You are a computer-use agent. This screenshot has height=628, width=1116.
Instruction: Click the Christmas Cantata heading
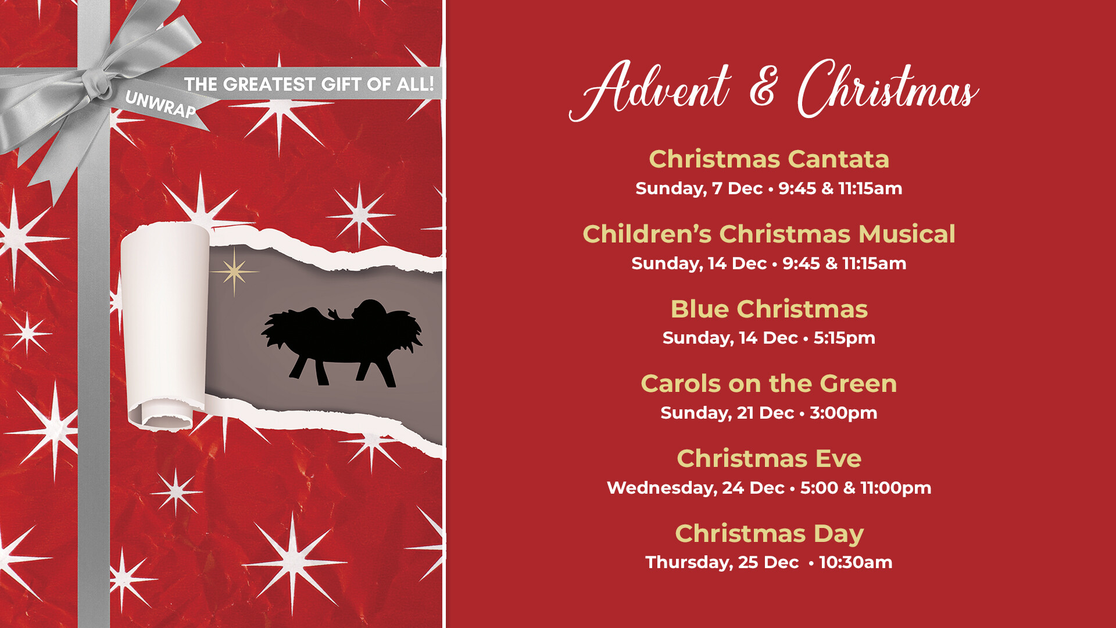768,159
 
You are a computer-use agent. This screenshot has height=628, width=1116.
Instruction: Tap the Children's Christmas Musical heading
768,234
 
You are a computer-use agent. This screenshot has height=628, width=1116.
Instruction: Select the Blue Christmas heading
768,309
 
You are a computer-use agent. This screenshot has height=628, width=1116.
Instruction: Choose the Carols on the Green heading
768,384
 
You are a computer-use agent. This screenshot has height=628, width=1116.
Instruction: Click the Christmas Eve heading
768,459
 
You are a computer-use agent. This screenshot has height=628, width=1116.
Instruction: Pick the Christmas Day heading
768,534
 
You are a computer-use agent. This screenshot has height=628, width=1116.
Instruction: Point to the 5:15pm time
844,338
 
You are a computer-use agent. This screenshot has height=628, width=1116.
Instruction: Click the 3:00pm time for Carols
843,413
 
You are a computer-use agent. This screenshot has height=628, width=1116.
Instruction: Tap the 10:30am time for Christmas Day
856,562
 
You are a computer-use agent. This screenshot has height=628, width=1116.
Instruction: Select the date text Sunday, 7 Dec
699,188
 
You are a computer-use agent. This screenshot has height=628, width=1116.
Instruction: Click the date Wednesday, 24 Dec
695,488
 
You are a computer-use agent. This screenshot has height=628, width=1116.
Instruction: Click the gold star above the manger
234,271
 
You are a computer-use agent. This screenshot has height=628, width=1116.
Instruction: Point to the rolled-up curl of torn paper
166,326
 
